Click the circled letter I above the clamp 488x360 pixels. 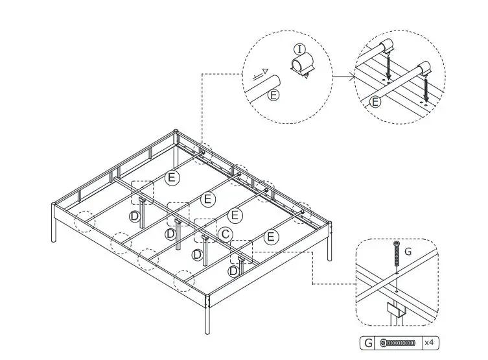(299, 49)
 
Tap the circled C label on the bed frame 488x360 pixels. (226, 234)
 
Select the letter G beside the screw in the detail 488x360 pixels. (408, 250)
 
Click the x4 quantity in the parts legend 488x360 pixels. (429, 342)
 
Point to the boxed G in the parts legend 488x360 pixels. (367, 342)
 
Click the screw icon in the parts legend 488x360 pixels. (398, 342)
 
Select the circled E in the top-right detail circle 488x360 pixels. (375, 102)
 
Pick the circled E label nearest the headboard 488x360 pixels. (172, 177)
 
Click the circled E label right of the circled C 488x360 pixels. (272, 237)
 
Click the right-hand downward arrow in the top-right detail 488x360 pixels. (426, 84)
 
